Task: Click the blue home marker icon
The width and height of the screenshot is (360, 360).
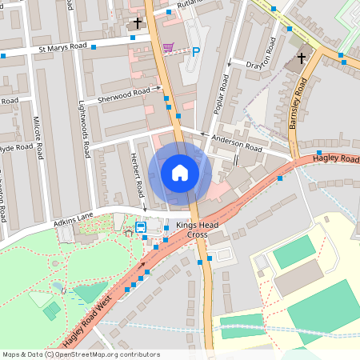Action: [180, 172]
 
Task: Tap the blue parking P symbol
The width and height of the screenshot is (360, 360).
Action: [196, 51]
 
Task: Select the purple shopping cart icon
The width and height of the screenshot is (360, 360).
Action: [169, 47]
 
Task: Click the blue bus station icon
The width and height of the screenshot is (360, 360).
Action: [141, 227]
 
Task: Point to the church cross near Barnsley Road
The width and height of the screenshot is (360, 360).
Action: [302, 58]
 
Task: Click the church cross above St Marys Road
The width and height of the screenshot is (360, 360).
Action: [138, 24]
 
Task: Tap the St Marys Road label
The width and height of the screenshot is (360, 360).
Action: [62, 50]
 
